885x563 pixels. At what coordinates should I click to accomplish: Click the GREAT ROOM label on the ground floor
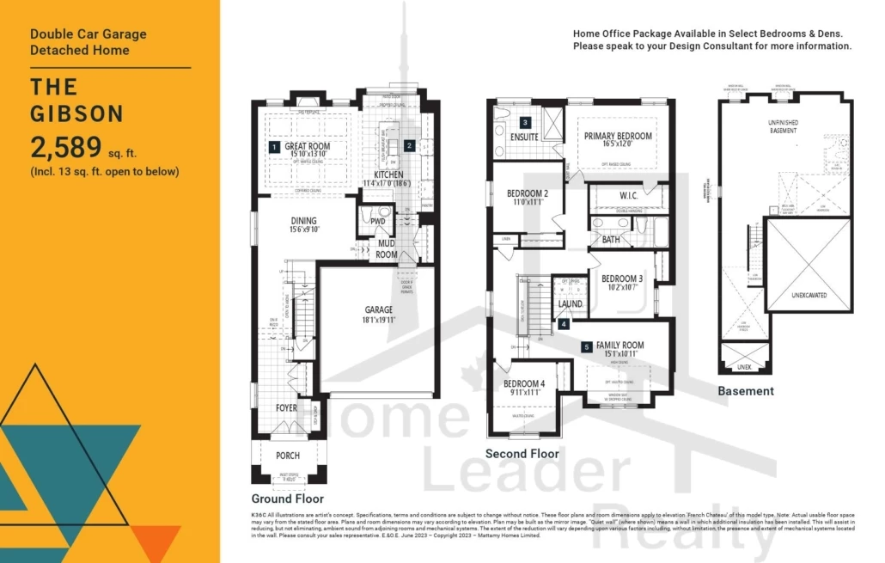point(308,147)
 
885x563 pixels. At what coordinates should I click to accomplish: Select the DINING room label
point(303,221)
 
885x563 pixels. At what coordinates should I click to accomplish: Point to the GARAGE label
point(378,310)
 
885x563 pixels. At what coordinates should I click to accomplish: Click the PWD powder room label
point(377,222)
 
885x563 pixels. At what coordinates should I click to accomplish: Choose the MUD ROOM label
point(387,249)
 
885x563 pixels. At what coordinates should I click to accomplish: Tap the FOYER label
point(287,408)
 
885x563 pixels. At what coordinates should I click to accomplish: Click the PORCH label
point(288,456)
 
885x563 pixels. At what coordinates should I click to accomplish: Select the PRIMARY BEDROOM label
point(618,136)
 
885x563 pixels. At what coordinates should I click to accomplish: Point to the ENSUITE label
point(524,137)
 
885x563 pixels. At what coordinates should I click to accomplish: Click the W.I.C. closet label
point(628,196)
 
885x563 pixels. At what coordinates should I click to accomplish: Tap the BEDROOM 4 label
point(524,383)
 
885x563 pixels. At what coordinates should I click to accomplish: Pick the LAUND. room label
point(571,304)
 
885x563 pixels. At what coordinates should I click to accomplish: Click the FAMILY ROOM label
point(619,346)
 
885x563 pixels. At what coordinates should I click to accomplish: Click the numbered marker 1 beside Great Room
point(274,147)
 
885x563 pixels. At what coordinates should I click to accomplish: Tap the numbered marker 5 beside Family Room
point(587,347)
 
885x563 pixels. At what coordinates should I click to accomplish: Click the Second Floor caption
point(522,454)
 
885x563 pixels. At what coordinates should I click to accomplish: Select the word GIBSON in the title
point(77,113)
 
